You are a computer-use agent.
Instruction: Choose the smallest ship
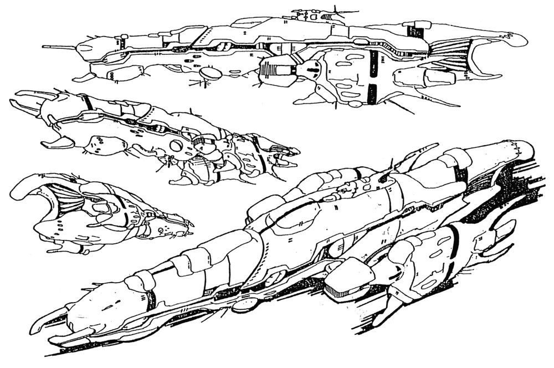pyautogui.click(x=100, y=213)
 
